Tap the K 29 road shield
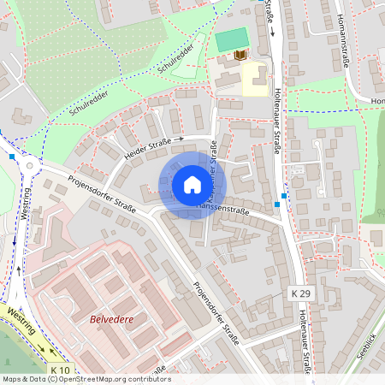point(298,293)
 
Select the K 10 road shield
point(59,370)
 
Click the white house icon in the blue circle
point(192,185)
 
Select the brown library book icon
point(240,56)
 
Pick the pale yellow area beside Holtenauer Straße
point(254,80)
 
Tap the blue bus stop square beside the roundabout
point(12,157)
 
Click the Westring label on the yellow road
point(21,323)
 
